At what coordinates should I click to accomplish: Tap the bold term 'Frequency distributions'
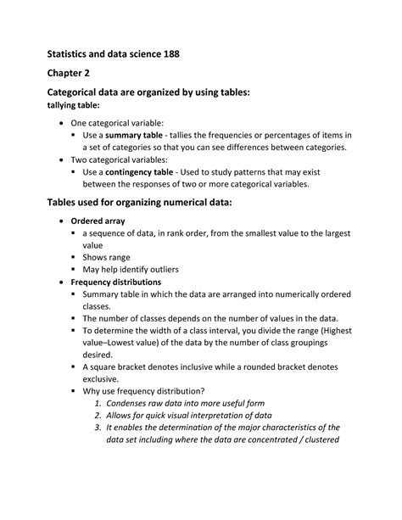(x=116, y=282)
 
